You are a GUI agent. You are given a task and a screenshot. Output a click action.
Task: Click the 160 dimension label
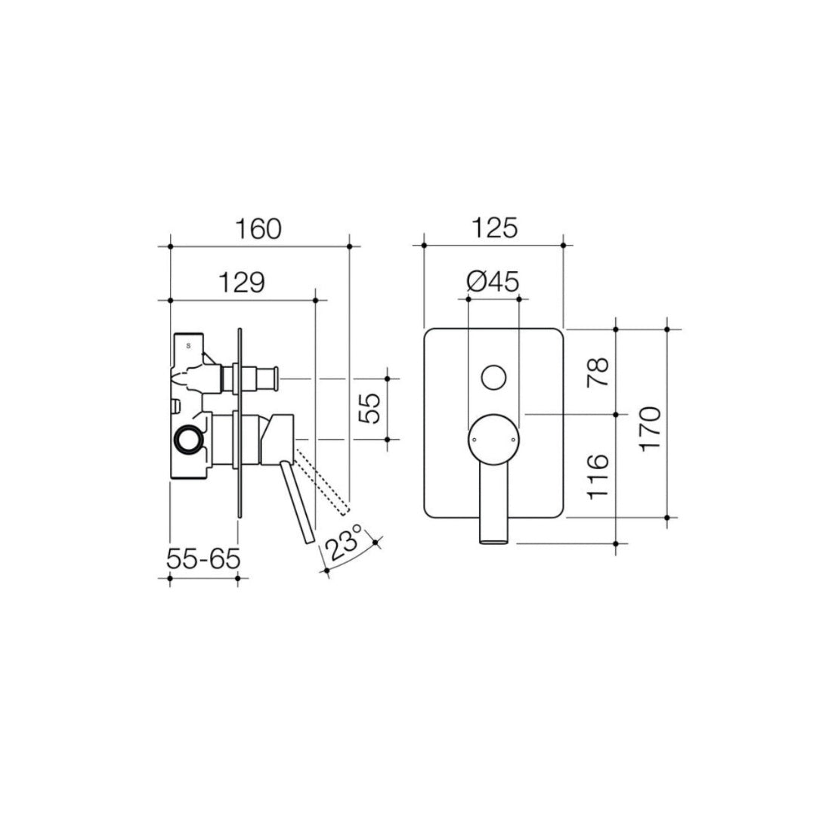258,228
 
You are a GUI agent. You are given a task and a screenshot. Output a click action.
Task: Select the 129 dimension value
242,283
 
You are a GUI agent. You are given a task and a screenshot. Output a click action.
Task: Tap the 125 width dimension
494,228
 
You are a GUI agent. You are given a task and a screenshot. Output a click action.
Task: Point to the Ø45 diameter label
493,283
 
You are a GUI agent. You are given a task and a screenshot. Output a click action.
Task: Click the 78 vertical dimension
598,372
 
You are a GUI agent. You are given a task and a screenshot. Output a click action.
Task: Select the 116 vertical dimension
598,476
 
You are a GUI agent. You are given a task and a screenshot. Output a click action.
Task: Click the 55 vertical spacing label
369,408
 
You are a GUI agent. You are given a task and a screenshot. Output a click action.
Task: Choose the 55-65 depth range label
203,560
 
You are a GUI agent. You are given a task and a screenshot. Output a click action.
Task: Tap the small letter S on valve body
188,345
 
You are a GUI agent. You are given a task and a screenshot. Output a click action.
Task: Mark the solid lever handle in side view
297,502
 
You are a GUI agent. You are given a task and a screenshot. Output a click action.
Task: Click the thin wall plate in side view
240,423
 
